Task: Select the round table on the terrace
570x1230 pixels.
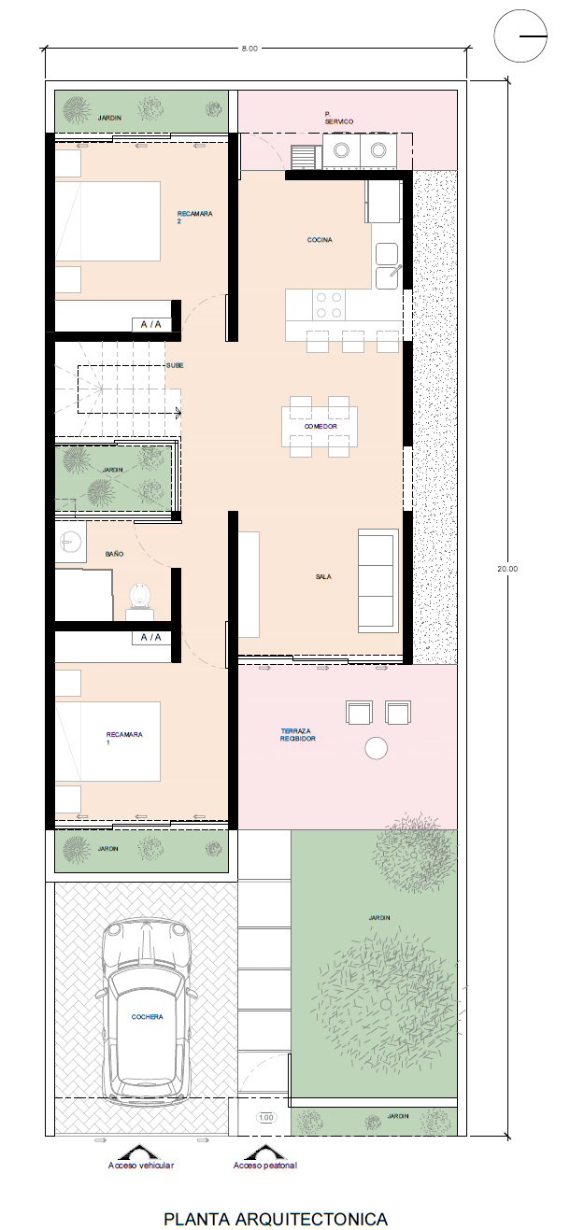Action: click(377, 748)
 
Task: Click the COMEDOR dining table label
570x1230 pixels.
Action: click(321, 426)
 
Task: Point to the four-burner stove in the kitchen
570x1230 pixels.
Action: click(328, 305)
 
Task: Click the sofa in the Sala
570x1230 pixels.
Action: click(378, 581)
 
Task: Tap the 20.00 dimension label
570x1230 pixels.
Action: click(507, 569)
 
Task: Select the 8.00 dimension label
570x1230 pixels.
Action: click(249, 49)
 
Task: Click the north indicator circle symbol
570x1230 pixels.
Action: click(520, 35)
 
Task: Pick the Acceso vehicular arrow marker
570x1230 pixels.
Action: click(140, 1152)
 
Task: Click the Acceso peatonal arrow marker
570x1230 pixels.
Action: click(264, 1152)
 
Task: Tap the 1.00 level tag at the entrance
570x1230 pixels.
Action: click(265, 1117)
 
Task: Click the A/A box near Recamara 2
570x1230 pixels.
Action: click(151, 324)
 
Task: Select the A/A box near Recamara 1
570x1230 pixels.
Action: click(151, 638)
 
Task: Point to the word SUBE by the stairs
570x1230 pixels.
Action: click(175, 365)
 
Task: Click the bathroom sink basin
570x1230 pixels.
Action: click(70, 542)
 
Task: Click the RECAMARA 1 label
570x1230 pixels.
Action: click(124, 738)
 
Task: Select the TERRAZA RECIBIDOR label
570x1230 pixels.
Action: click(298, 735)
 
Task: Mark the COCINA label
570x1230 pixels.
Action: click(320, 239)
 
